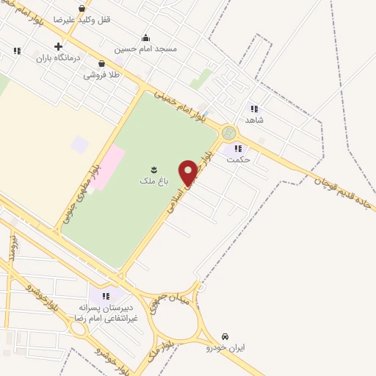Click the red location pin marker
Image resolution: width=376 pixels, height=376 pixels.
click(x=188, y=172)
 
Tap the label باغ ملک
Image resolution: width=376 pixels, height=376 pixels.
click(x=154, y=180)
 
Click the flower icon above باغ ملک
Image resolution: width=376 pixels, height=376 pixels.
click(x=154, y=168)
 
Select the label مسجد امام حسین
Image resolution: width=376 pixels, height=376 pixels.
click(x=145, y=49)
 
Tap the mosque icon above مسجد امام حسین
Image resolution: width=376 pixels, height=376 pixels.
click(x=145, y=38)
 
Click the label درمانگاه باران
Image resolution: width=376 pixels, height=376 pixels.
click(x=57, y=57)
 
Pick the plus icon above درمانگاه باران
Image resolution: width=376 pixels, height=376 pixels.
click(x=58, y=46)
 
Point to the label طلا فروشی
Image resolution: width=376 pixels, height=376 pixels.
click(x=101, y=74)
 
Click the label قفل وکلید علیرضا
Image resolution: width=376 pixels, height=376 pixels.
click(x=90, y=20)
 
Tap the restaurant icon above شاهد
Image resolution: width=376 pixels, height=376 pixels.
click(x=254, y=108)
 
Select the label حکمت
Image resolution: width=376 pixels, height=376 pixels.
click(x=239, y=159)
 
